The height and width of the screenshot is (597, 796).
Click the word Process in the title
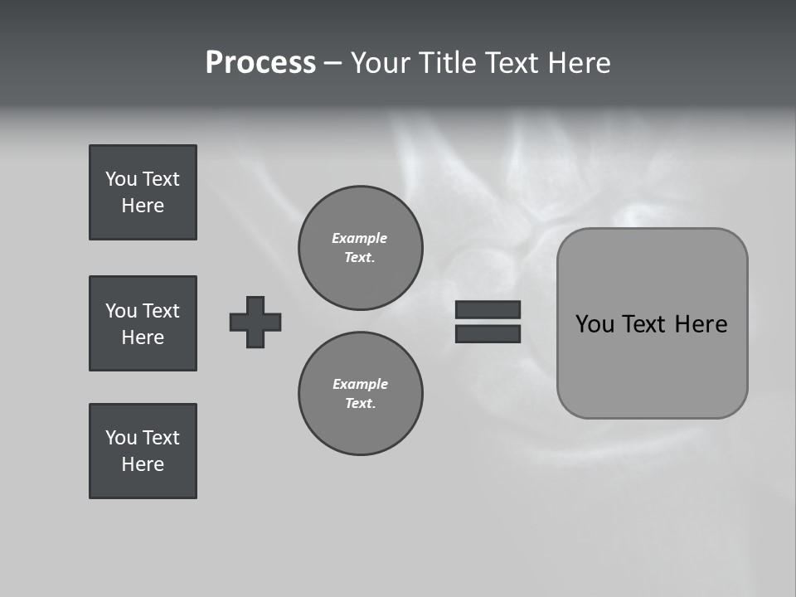[x=260, y=63]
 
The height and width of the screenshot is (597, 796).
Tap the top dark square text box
[x=143, y=192]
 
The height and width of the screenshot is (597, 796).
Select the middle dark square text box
[x=143, y=323]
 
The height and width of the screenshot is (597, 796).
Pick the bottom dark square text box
[x=143, y=451]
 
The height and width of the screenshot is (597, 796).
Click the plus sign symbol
[x=255, y=322]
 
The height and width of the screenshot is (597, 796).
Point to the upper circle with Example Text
[x=360, y=248]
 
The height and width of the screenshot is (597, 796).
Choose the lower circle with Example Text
[x=360, y=394]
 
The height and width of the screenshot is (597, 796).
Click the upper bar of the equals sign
[x=488, y=309]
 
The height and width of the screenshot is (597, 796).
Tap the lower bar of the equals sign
[x=488, y=333]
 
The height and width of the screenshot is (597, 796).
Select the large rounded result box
[x=652, y=323]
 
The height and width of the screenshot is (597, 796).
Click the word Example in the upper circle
[x=360, y=238]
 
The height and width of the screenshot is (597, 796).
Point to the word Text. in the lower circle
[x=360, y=404]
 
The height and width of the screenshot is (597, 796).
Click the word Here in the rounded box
[x=701, y=324]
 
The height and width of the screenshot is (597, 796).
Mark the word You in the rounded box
[x=595, y=324]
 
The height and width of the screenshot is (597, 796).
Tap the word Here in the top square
[x=143, y=206]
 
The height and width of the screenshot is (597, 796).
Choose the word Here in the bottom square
[x=143, y=464]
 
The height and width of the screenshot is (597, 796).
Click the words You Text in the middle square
[x=143, y=311]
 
